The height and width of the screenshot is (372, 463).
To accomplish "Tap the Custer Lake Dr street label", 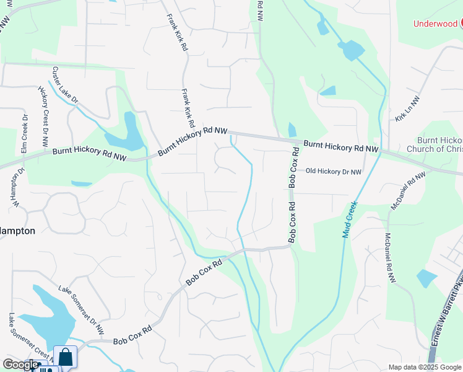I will pos(65,85).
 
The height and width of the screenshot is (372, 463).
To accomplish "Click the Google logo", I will pos(20,365).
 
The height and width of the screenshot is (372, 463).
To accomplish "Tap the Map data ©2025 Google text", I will pos(425,367).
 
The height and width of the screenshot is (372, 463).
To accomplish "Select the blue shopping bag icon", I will pos(65,358).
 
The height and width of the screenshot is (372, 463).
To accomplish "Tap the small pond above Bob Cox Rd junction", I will pos(292,130).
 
